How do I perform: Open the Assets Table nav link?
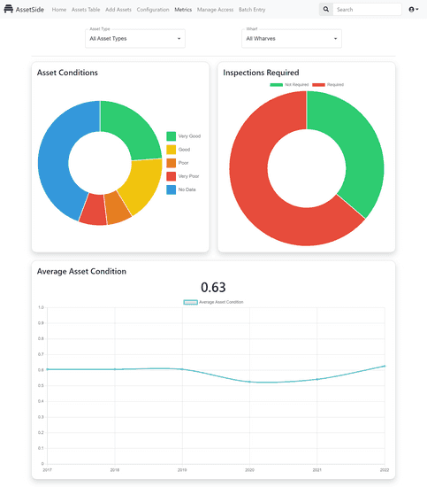(86, 10)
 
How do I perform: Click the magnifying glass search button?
(326, 10)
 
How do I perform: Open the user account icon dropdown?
(413, 10)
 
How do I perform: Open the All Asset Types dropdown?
(135, 39)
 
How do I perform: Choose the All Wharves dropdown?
(292, 39)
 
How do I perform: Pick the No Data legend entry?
(183, 189)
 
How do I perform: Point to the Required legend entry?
(329, 84)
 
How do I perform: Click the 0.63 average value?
(213, 287)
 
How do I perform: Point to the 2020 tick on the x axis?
(249, 469)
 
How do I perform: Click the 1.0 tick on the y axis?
(41, 307)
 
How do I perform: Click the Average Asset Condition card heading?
(81, 271)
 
